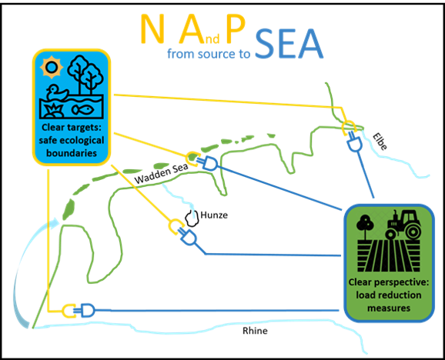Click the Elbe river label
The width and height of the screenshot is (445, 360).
point(380,142)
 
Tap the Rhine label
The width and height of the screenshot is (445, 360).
point(255,331)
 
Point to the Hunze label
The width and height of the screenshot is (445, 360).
point(214,215)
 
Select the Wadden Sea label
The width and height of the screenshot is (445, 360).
point(161,173)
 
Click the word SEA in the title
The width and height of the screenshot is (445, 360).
point(289,44)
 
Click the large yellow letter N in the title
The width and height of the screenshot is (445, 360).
point(152,28)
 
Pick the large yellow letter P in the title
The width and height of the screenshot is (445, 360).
point(236,28)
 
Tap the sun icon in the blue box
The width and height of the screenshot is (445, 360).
point(51,68)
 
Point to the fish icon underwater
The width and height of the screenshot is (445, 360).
point(83,109)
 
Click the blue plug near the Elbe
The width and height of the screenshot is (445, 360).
point(354,142)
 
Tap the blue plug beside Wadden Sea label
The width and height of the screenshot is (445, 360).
point(209,164)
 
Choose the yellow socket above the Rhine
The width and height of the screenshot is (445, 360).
point(69,311)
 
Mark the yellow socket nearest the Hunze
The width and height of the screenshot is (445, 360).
point(175,226)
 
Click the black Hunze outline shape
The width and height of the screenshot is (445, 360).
point(192,218)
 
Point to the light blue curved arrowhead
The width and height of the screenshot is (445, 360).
point(55,223)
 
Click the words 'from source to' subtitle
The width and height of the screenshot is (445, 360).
point(209,54)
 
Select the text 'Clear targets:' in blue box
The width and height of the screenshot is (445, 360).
point(72,127)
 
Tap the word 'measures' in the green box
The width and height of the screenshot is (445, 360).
point(389,308)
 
